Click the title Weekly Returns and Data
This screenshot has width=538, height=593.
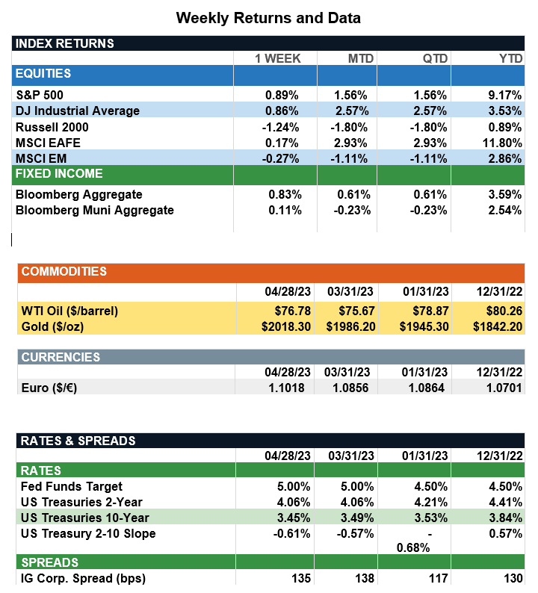click(x=268, y=17)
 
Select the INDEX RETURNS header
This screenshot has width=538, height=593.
click(x=65, y=43)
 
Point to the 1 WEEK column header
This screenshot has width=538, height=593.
click(x=278, y=58)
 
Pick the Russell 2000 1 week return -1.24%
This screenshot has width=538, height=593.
click(x=282, y=127)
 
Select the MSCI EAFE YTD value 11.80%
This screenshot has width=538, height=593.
click(x=502, y=143)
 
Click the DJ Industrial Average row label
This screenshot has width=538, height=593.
click(x=78, y=111)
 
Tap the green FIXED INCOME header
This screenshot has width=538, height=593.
click(x=59, y=174)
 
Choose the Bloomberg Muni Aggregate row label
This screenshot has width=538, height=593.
click(x=95, y=210)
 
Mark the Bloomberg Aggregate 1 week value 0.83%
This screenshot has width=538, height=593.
click(x=285, y=194)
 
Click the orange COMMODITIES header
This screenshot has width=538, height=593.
click(x=64, y=271)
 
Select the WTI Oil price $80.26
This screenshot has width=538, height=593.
click(x=502, y=310)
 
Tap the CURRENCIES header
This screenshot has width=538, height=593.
click(x=61, y=357)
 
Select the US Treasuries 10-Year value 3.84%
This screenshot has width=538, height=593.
click(x=505, y=518)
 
